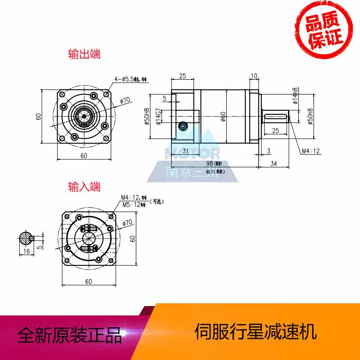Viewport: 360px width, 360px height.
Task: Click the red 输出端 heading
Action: click(x=84, y=54)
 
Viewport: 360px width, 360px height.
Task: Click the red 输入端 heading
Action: click(x=84, y=186)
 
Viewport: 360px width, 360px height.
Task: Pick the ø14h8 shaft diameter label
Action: click(x=295, y=96)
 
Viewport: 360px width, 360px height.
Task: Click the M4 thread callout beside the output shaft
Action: click(x=311, y=151)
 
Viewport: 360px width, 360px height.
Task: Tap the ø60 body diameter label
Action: click(x=224, y=117)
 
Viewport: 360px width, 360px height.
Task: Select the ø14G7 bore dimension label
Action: click(x=158, y=117)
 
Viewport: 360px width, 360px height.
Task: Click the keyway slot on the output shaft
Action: click(x=275, y=117)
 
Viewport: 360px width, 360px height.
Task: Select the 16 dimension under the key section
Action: click(x=27, y=251)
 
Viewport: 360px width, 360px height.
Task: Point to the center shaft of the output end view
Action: click(x=84, y=116)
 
